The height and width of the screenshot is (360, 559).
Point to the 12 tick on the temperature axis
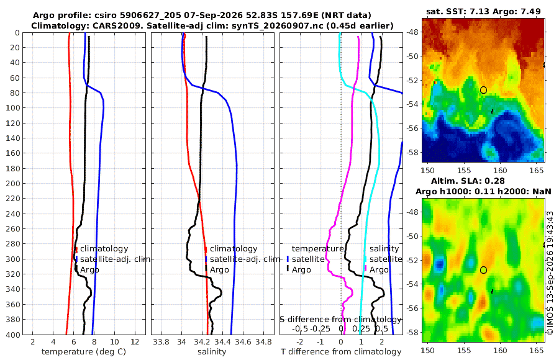tap(135, 341)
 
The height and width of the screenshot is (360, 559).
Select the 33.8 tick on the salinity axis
tap(161, 341)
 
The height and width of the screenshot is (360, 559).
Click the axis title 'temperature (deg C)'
tap(84, 352)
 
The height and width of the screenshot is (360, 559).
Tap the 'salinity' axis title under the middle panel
tap(212, 352)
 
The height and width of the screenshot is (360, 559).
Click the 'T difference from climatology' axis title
tap(341, 352)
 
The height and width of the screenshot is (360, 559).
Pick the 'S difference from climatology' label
tap(341, 320)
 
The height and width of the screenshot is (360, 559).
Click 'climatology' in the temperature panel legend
tap(104, 249)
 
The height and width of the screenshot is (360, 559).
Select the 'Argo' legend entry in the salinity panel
tap(219, 270)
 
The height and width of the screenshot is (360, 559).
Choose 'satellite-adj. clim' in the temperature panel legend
tap(115, 259)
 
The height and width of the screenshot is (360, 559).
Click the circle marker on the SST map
tap(483, 90)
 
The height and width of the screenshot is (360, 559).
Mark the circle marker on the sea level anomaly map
tap(483, 270)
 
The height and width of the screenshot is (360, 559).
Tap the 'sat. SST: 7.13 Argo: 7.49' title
tap(483, 11)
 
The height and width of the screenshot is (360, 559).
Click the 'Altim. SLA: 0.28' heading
tap(468, 181)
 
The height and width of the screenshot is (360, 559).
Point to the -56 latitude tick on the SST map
tap(412, 128)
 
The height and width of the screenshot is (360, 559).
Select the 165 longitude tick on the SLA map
tap(536, 350)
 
